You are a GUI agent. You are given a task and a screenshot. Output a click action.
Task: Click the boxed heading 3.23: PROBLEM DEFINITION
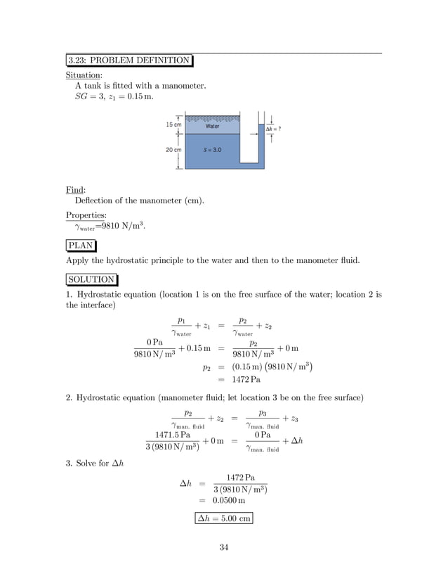coord(129,60)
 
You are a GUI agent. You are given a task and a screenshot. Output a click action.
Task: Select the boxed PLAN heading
coord(81,245)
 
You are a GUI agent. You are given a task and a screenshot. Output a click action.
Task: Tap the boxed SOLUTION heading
coord(92,279)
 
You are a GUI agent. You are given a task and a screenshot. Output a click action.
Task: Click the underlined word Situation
coord(84,75)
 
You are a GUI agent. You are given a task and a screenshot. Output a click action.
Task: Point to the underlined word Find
coord(74,190)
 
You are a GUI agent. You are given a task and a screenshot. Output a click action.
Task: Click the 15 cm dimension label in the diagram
coord(173,124)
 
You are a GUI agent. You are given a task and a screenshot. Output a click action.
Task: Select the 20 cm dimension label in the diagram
coord(173,150)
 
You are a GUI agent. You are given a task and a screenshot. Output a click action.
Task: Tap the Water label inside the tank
coord(212,127)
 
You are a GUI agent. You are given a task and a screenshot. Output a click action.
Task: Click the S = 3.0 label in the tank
coord(212,151)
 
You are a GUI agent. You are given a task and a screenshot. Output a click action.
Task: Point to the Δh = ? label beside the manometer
coord(272,129)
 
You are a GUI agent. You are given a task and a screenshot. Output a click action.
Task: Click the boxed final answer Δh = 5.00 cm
coord(223,518)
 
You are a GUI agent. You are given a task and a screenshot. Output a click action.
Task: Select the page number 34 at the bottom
coord(223,548)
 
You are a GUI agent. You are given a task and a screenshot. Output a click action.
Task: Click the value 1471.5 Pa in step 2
coord(173,435)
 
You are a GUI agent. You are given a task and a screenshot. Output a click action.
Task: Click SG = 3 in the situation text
coord(88,96)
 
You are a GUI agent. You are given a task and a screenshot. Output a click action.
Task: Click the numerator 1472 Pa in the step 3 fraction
coord(240,477)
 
